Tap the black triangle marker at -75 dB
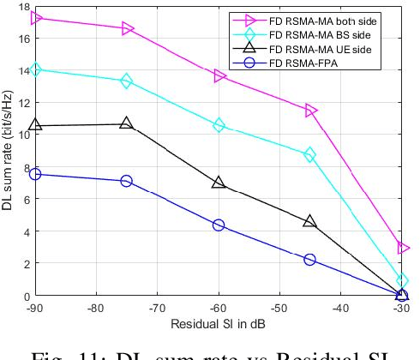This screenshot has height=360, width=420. tap(127, 123)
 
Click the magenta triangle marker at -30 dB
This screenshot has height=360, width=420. tap(403, 248)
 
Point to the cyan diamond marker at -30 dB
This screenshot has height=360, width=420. tap(403, 280)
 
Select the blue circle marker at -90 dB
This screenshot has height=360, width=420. tap(35, 174)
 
